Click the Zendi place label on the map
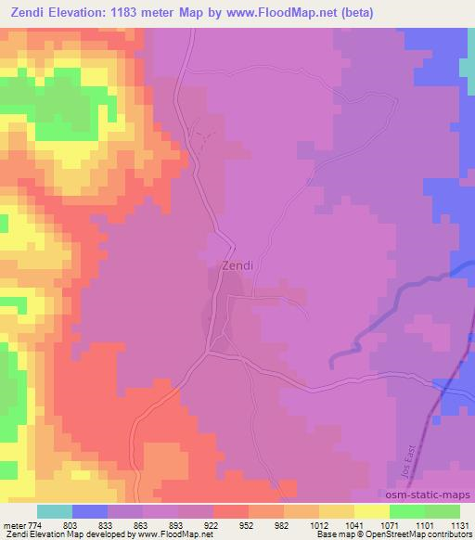tap(237, 265)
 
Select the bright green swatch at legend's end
tap(443, 511)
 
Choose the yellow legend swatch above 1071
tap(372, 511)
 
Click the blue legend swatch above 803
tap(89, 511)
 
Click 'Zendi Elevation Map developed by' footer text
tap(56, 534)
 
